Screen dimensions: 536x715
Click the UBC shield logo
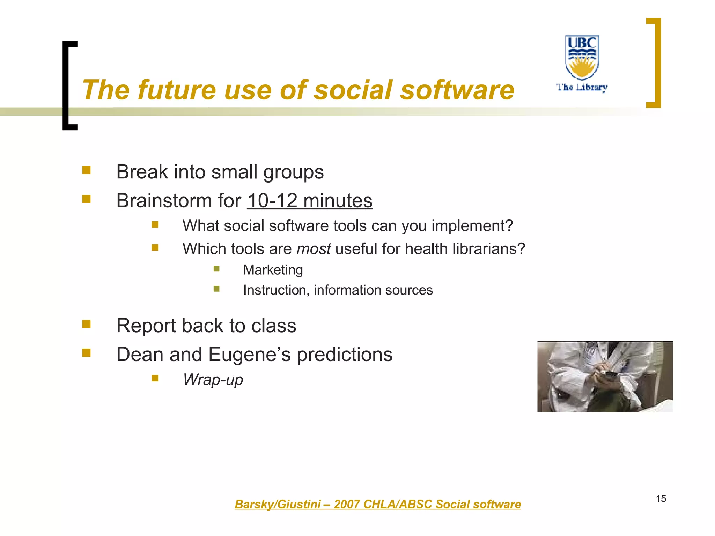582,57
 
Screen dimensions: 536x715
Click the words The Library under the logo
582,87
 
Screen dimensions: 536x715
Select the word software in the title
457,90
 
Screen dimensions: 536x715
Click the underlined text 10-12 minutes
310,201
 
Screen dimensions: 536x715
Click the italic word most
314,249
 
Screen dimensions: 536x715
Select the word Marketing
273,270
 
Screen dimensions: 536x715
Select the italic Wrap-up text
213,380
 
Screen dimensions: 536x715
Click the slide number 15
661,499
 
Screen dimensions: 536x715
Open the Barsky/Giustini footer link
377,504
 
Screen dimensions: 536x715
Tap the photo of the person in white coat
605,377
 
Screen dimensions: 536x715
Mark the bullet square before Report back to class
86,324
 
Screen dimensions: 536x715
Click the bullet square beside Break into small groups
86,170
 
